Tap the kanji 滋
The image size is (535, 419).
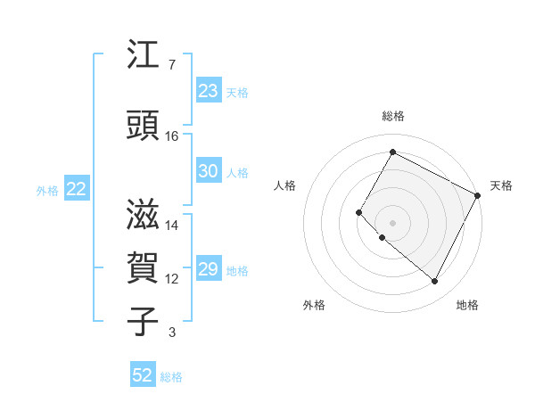(x=144, y=214)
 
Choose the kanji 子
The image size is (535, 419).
(x=144, y=321)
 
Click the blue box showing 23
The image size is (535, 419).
(x=208, y=91)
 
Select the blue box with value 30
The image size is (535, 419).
(x=208, y=171)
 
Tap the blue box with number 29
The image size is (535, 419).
(x=208, y=269)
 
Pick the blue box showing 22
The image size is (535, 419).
(x=77, y=189)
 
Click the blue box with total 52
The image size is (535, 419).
(x=143, y=375)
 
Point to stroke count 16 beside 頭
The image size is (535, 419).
(x=172, y=136)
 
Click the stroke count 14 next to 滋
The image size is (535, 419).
(x=172, y=226)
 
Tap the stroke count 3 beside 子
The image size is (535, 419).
(x=171, y=333)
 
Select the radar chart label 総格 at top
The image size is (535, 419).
(x=392, y=116)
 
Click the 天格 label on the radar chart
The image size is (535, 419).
(x=501, y=185)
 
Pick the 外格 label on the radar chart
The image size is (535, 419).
(x=314, y=305)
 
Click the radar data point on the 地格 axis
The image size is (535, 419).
(x=435, y=282)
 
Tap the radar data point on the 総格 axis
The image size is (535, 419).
(x=392, y=152)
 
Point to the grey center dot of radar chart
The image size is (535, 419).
(x=392, y=222)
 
